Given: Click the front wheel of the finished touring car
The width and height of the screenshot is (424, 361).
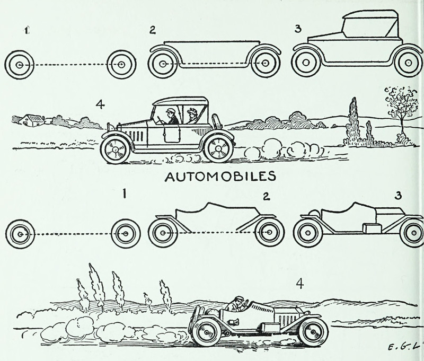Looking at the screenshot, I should coord(115,148).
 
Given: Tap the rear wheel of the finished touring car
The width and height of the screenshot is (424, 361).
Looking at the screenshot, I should coord(218,147).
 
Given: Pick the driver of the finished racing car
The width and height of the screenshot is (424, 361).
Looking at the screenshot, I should coord(236,304).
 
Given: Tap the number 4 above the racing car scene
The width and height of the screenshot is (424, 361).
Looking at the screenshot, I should coord(299,284).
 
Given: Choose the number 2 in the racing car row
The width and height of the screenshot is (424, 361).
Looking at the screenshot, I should coord(266,197).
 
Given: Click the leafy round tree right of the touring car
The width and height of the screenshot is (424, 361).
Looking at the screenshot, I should coord(399,102).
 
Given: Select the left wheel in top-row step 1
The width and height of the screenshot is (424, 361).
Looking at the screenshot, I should coord(20,65).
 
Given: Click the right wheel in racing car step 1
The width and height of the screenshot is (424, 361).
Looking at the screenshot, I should coord(126,233).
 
